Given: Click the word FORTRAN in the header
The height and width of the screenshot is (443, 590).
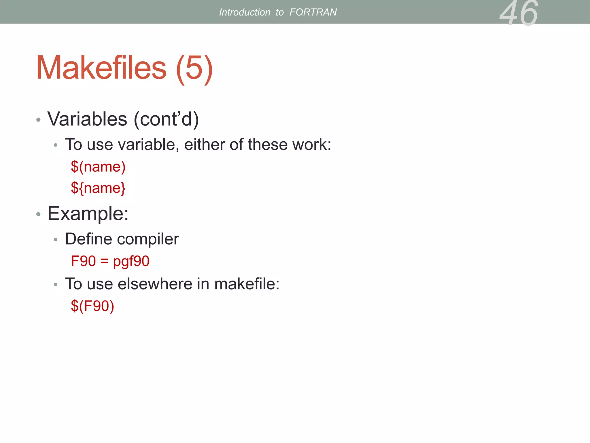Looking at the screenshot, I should [x=313, y=12].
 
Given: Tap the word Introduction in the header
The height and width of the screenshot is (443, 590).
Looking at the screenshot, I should [x=245, y=12].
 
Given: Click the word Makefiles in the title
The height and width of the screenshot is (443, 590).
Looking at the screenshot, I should [x=101, y=68].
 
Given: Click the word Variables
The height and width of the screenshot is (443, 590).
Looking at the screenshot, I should [x=87, y=119].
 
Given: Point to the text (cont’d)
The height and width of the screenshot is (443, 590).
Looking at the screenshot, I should [x=166, y=119].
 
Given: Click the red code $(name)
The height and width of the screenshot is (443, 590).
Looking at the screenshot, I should [x=98, y=167].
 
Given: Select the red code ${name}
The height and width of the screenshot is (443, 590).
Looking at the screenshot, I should [x=98, y=188].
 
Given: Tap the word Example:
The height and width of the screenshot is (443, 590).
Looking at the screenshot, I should [x=88, y=213].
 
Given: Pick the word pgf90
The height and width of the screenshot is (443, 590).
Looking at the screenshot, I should [x=131, y=261].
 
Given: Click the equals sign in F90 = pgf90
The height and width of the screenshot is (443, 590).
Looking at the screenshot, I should [x=104, y=261].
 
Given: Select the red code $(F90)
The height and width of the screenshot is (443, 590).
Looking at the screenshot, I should [x=92, y=306].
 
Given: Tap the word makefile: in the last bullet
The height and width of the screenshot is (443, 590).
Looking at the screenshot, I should [x=247, y=284].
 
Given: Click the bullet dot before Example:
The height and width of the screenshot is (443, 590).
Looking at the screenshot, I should [x=39, y=214].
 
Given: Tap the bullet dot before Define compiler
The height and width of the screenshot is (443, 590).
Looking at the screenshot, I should [x=56, y=239].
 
